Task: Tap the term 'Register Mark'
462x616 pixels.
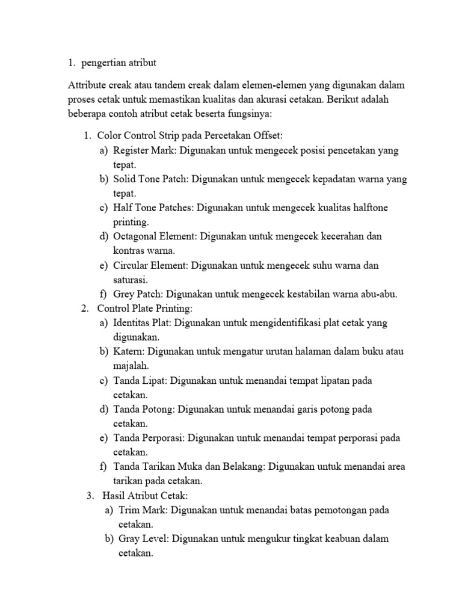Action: (x=143, y=150)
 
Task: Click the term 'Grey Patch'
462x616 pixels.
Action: (x=137, y=294)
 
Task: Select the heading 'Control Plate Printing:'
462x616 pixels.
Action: (x=144, y=309)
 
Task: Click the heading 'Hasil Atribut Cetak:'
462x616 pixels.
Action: (x=146, y=496)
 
